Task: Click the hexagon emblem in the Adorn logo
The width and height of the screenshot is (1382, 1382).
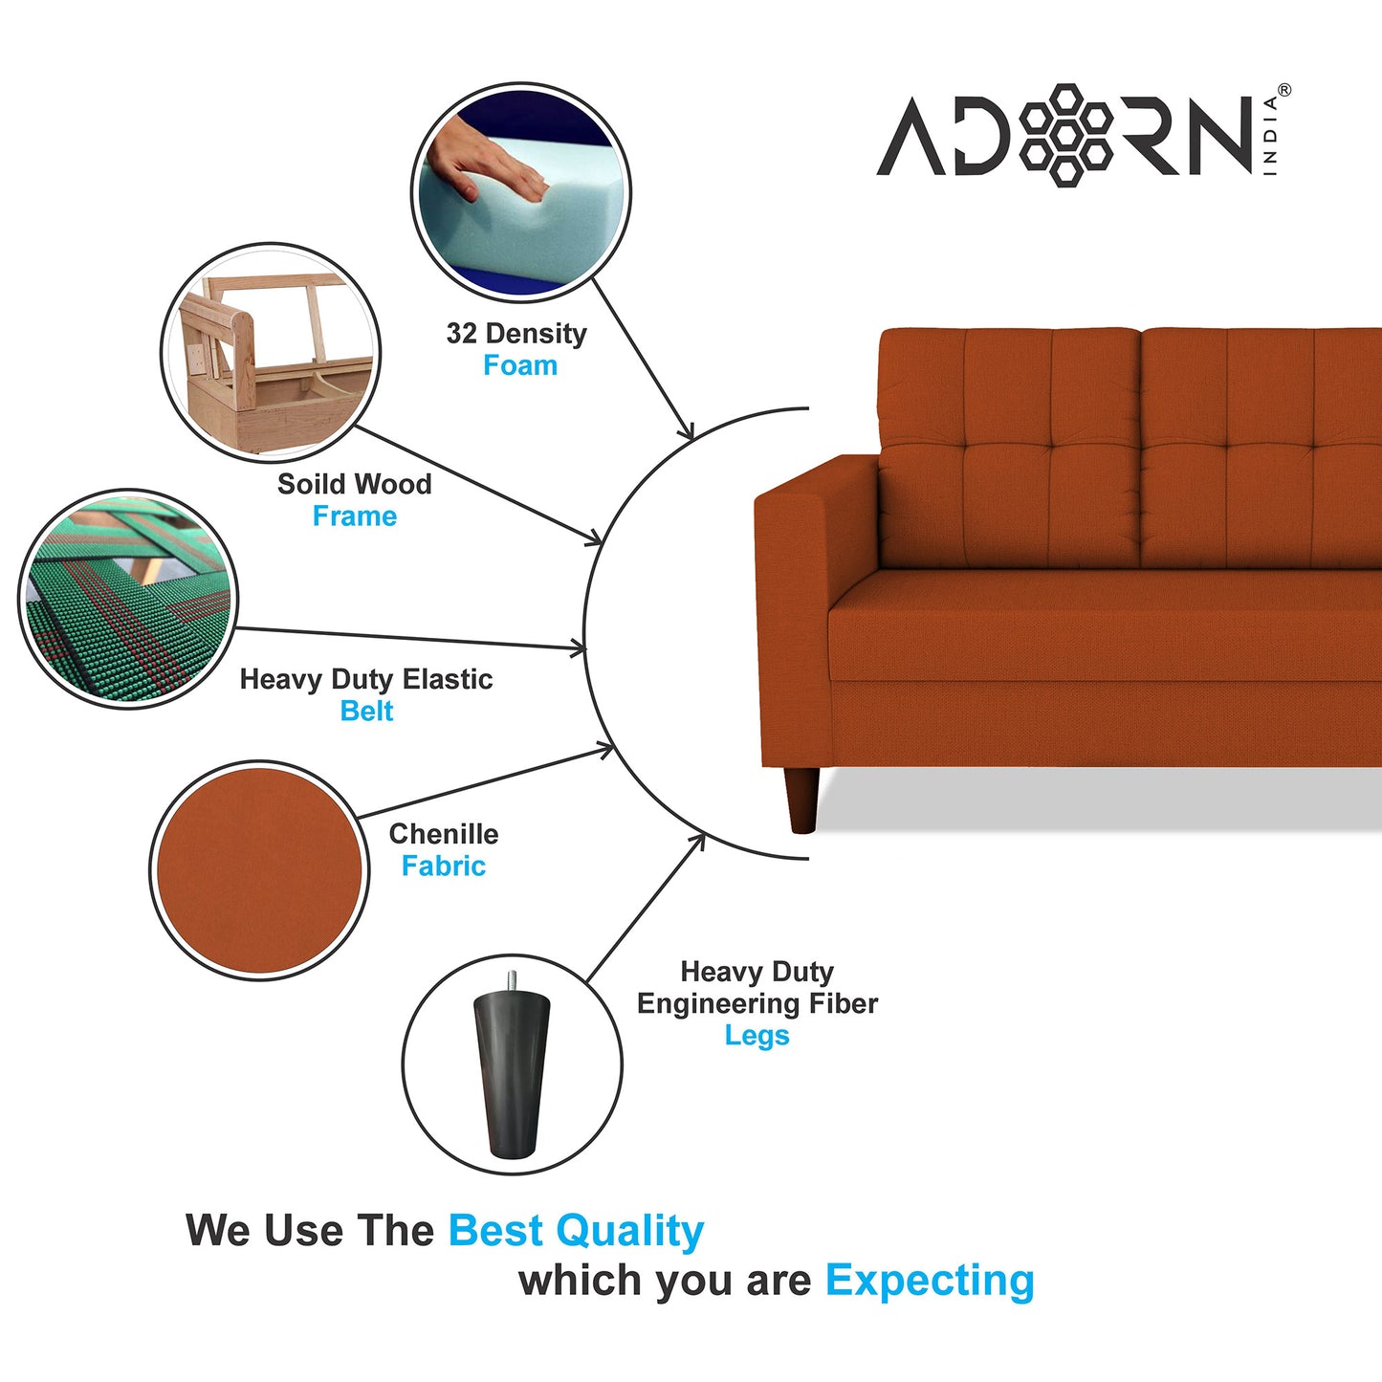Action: tap(1065, 134)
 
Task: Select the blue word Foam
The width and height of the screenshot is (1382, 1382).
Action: tap(519, 365)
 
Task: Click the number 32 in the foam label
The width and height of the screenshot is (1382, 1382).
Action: tap(461, 334)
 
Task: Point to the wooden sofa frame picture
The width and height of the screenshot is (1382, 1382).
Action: tap(270, 351)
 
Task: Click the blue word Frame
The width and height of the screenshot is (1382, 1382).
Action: tap(354, 516)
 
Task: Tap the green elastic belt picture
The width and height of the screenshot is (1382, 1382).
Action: tap(126, 600)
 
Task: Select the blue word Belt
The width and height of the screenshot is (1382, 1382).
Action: tap(366, 712)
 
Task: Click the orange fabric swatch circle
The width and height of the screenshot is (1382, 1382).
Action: tap(258, 870)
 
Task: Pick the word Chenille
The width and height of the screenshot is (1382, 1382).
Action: tap(443, 834)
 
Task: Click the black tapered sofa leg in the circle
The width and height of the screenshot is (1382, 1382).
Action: tap(512, 1076)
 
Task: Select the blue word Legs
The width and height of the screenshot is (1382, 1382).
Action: tap(757, 1036)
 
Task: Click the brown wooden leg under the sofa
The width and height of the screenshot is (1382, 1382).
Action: tap(801, 799)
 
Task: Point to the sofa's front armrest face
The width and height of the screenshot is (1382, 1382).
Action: tap(792, 631)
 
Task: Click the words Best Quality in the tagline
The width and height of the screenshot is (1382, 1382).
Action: tap(576, 1231)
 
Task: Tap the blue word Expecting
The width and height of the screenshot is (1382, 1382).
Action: tap(930, 1281)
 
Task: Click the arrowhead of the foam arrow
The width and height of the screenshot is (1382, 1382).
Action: tap(688, 433)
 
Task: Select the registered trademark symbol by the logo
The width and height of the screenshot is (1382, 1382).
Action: tap(1283, 90)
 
